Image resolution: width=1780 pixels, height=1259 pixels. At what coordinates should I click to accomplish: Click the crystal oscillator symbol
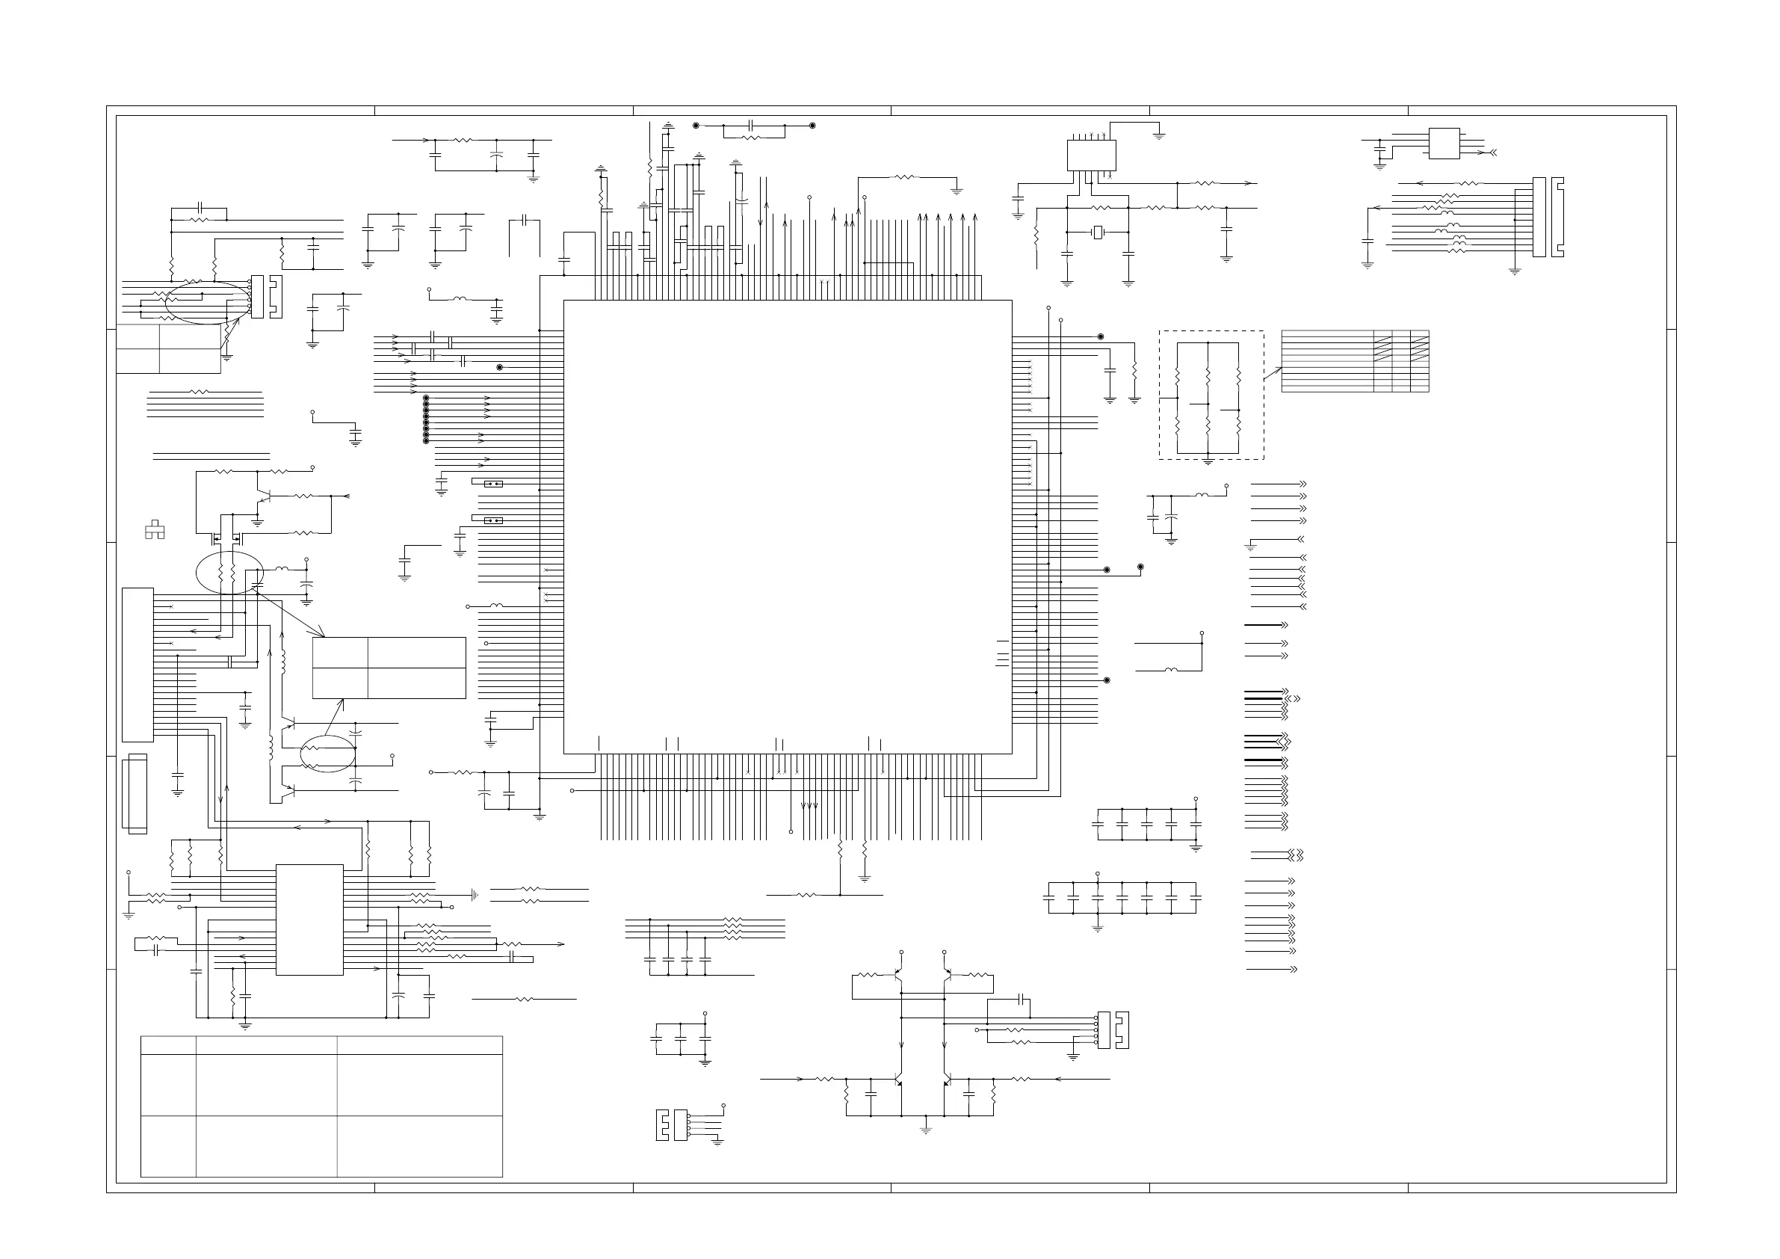point(1097,232)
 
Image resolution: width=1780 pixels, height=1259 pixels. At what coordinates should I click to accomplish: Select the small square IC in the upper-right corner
point(1444,144)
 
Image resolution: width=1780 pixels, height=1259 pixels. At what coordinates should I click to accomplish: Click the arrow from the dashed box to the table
point(1272,373)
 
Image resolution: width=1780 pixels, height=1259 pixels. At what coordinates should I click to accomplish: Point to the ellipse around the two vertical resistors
point(229,573)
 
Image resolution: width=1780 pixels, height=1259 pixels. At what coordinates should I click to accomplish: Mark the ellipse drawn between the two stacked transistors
point(328,752)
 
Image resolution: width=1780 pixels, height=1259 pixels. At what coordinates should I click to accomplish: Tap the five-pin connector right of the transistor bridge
point(1104,1029)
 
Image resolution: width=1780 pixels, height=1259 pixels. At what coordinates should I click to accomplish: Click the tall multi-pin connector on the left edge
point(137,665)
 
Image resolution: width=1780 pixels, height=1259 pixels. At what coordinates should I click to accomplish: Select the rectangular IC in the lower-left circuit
point(309,920)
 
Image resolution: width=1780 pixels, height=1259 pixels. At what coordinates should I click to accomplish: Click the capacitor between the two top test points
point(750,126)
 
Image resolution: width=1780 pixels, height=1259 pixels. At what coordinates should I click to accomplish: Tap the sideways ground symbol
point(475,894)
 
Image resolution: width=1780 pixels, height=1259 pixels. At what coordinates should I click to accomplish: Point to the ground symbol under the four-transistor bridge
point(925,1129)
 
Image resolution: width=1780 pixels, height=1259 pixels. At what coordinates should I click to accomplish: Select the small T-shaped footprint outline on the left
point(155,530)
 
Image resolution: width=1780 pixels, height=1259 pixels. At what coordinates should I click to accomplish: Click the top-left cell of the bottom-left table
point(168,1045)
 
